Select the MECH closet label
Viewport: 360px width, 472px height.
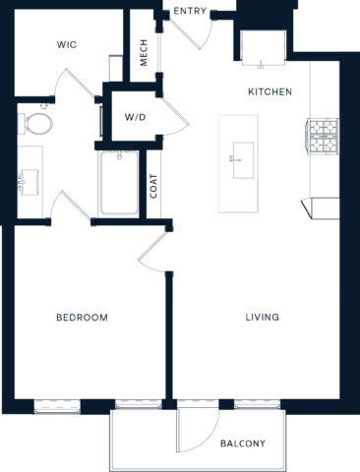[x=144, y=55]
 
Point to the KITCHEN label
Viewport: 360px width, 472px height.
[x=270, y=91]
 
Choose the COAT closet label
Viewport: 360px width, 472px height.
[x=154, y=186]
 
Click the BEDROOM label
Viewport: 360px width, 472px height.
[x=82, y=318]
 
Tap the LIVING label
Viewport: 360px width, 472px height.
[x=263, y=318]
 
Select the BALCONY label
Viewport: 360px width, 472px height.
[x=242, y=443]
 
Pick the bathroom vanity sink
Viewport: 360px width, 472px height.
[x=29, y=177]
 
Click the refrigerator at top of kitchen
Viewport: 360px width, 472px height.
[x=262, y=48]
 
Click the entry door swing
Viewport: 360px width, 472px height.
[x=196, y=33]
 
